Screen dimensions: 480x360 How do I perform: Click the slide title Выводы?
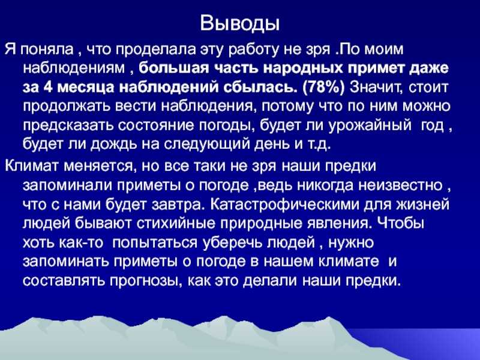[x=239, y=23]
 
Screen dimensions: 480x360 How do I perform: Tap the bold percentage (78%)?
[x=323, y=88]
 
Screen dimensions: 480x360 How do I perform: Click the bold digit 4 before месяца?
[x=49, y=88]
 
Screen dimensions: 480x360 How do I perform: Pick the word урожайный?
[x=370, y=126]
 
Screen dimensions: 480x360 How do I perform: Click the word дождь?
[x=115, y=145]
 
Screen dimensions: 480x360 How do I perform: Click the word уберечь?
[x=232, y=243]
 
